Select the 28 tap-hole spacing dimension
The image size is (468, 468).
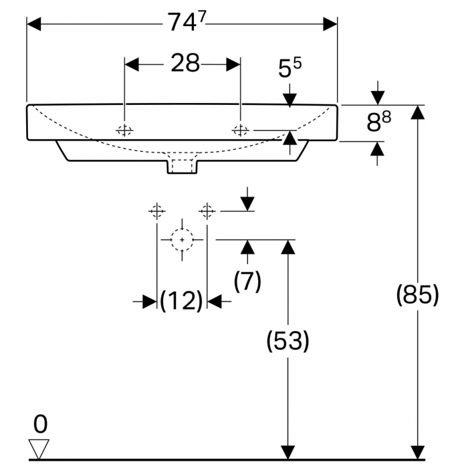pyautogui.click(x=185, y=64)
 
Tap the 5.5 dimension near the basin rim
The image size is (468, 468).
pyautogui.click(x=289, y=69)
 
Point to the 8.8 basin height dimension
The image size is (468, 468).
pyautogui.click(x=378, y=123)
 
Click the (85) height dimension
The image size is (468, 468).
pyautogui.click(x=418, y=294)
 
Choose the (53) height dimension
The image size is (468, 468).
pyautogui.click(x=287, y=341)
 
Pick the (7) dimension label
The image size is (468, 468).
pyautogui.click(x=247, y=281)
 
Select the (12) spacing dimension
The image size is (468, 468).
pyautogui.click(x=181, y=302)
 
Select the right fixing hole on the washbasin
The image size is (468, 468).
pyautogui.click(x=239, y=130)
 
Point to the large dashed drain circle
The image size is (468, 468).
pyautogui.click(x=181, y=239)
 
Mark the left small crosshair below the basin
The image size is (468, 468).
pyautogui.click(x=156, y=211)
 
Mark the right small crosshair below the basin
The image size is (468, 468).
pyautogui.click(x=207, y=211)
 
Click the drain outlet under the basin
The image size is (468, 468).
pyautogui.click(x=182, y=164)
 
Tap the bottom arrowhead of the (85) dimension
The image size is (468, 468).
pyautogui.click(x=418, y=453)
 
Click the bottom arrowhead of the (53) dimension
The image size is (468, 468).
pyautogui.click(x=287, y=453)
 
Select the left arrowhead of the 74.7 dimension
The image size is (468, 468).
pyautogui.click(x=34, y=24)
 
